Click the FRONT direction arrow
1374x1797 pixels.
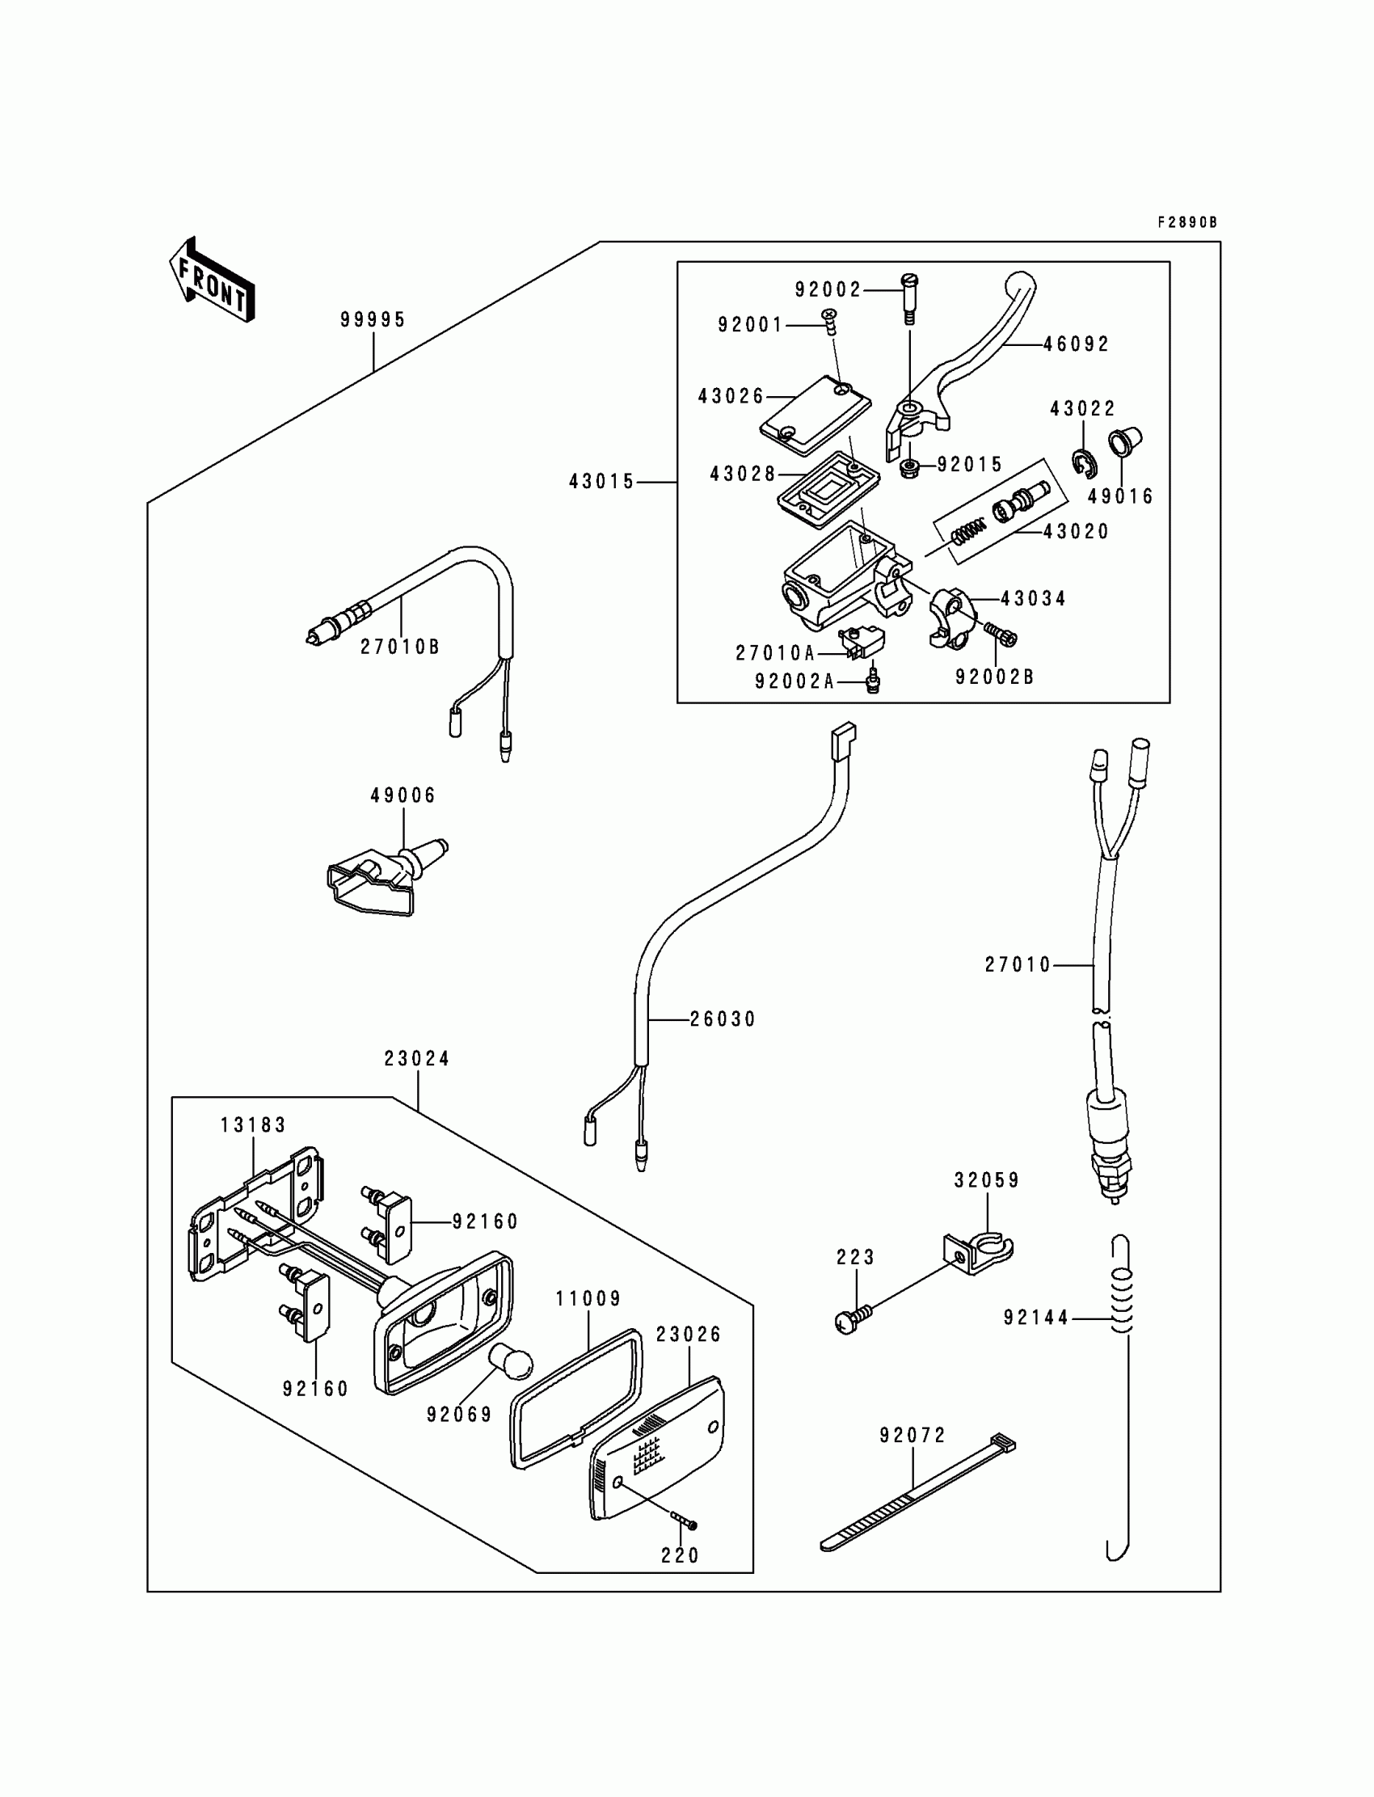point(212,280)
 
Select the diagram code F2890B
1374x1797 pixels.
point(1186,222)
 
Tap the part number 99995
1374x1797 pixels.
point(373,320)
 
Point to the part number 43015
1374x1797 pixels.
point(602,482)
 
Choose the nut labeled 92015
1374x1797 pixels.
point(909,470)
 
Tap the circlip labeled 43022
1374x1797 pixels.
point(1084,464)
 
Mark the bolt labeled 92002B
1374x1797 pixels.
point(1000,634)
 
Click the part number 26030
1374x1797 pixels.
point(723,1019)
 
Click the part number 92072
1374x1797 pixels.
point(912,1436)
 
